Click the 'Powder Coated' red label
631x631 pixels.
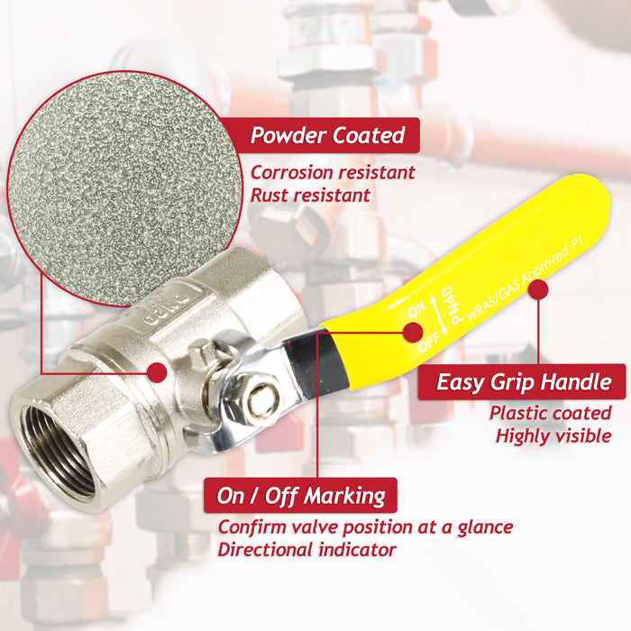click(327, 136)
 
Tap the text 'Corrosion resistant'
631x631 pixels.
click(333, 172)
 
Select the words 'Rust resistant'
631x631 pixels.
click(310, 194)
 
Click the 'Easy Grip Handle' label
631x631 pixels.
click(524, 381)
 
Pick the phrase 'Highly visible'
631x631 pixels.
click(553, 436)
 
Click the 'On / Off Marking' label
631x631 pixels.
click(300, 495)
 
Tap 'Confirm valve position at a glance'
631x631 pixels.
click(365, 526)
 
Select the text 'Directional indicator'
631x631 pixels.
click(306, 549)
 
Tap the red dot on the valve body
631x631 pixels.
click(157, 370)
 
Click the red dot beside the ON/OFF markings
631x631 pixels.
click(412, 332)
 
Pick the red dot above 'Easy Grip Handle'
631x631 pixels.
click(538, 290)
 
